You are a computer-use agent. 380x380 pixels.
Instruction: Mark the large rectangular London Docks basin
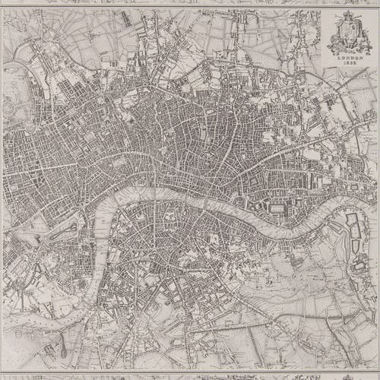point(277,207)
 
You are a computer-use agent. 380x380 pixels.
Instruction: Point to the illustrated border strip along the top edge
point(190,3)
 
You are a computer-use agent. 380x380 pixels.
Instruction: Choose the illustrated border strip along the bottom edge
point(190,377)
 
